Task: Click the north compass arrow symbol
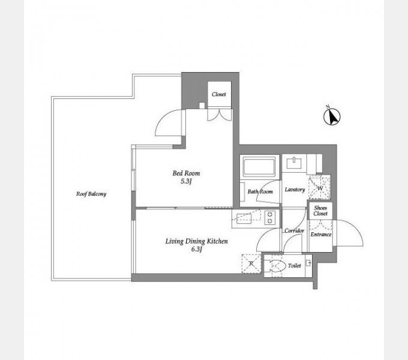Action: point(332,116)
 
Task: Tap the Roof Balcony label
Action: point(91,194)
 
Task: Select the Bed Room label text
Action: point(187,173)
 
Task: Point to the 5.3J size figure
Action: point(186,182)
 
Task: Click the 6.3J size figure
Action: point(197,249)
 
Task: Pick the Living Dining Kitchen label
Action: point(197,241)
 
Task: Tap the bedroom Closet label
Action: point(219,94)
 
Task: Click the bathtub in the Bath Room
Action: point(259,166)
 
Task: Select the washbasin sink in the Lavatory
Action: point(294,163)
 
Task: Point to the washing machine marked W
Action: point(320,188)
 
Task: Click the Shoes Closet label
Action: point(320,211)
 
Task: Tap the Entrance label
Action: point(321,235)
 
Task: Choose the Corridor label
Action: point(294,231)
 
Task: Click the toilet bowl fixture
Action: point(277,266)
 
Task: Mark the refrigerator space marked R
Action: point(251,263)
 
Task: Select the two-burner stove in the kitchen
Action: point(270,217)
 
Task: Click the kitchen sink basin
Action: point(244,218)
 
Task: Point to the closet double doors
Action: point(220,115)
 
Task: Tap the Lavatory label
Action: point(295,190)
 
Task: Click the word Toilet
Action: point(294,266)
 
